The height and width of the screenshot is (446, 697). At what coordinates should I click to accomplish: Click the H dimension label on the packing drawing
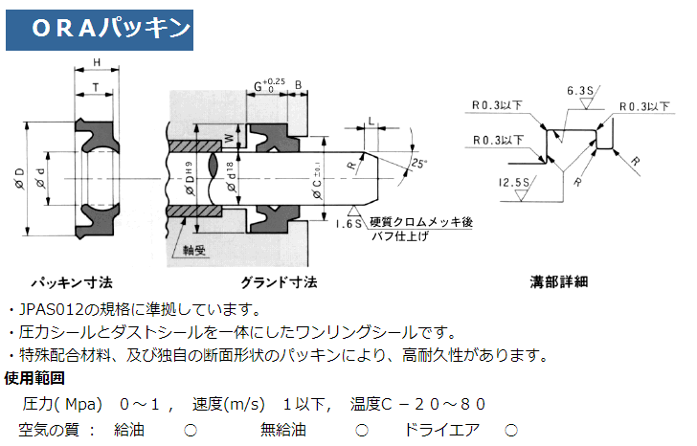point(97,65)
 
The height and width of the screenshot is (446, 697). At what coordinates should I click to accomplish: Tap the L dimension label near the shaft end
point(371,122)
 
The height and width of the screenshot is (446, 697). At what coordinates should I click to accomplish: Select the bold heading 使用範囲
point(34,377)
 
